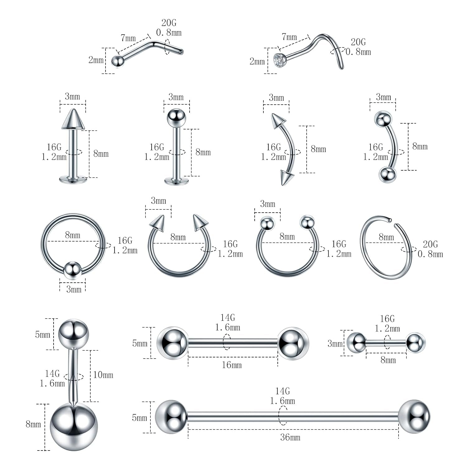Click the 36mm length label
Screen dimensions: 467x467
[x=290, y=437]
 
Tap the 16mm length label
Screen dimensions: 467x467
[x=232, y=365]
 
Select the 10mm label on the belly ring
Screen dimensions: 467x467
[x=103, y=375]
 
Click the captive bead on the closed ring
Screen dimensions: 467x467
[x=73, y=270]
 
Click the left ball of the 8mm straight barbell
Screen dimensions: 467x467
[x=356, y=343]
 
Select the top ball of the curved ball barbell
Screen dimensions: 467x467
[x=383, y=119]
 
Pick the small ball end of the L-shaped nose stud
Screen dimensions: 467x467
[x=117, y=61]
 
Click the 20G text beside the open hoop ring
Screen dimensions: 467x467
[x=430, y=244]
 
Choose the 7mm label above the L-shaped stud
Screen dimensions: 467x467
[x=128, y=38]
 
